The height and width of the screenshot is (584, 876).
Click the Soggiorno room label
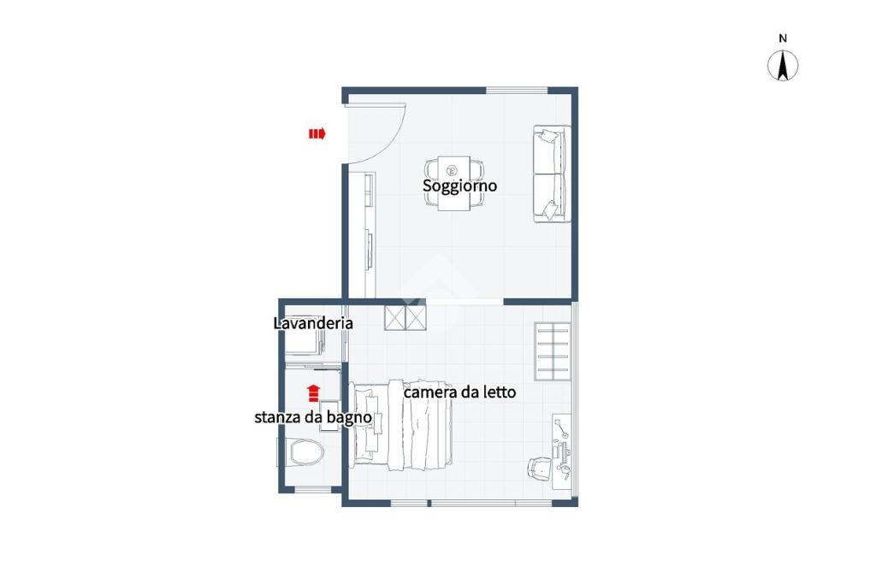(459, 186)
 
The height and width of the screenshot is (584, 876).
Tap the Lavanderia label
(313, 323)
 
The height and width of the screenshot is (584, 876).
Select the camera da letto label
(459, 392)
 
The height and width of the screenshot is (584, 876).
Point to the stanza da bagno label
(313, 417)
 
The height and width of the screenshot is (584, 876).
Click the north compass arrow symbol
(783, 65)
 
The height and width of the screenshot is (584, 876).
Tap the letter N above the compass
(783, 38)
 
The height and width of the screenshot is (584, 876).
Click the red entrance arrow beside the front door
(317, 133)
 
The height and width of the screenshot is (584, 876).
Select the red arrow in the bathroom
(313, 393)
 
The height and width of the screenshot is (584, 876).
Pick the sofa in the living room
(552, 174)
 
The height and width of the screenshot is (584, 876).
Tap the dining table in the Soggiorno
(453, 183)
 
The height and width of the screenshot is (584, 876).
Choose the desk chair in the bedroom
(540, 468)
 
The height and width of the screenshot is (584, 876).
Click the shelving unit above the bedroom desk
(553, 351)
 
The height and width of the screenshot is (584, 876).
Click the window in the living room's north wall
(516, 91)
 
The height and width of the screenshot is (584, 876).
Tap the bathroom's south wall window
(313, 490)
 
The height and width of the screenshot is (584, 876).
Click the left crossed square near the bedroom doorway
(394, 319)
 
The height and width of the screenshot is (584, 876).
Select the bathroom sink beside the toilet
(329, 416)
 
